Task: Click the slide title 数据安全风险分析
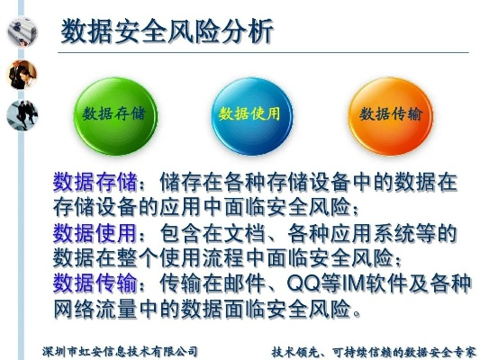click(x=166, y=31)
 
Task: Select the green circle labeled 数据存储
click(x=114, y=114)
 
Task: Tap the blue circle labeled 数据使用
click(x=249, y=114)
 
